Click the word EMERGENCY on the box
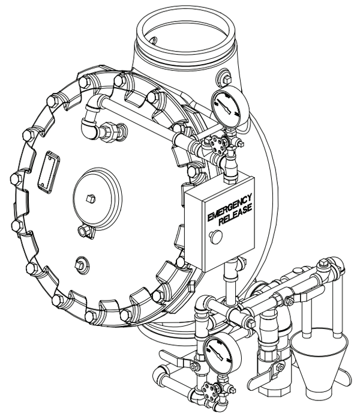point(229,207)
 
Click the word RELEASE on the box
point(235,215)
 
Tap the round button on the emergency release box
point(216,236)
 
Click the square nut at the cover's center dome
point(91,199)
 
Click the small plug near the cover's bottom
point(81,265)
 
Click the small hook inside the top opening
point(153,40)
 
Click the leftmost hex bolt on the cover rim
point(16,179)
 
